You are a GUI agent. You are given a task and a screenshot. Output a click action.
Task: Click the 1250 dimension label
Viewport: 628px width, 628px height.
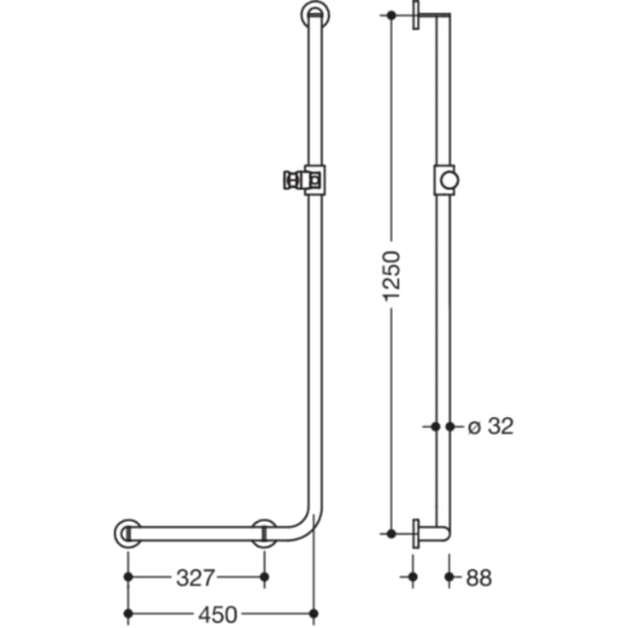[x=391, y=275]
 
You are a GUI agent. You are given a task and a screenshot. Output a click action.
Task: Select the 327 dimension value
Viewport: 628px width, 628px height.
[x=196, y=578]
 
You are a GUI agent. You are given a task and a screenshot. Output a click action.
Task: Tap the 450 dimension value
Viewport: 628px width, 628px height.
[x=218, y=613]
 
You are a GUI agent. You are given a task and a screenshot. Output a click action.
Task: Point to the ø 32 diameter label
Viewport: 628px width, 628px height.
[x=490, y=426]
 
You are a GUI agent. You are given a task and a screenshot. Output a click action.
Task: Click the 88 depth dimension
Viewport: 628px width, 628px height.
[x=479, y=578]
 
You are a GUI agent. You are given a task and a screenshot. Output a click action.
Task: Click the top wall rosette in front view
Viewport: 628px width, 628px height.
[x=314, y=15]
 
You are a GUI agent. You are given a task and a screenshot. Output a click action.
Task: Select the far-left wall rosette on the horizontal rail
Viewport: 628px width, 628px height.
[x=127, y=533]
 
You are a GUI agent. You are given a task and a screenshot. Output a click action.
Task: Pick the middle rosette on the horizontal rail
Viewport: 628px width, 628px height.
[x=264, y=533]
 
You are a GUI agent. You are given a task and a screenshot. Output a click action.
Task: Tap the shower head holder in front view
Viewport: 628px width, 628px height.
[x=302, y=180]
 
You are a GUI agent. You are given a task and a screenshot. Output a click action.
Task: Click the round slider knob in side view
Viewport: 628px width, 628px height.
[x=449, y=180]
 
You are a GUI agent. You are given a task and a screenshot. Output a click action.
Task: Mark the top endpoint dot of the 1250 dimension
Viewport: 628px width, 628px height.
[x=391, y=15]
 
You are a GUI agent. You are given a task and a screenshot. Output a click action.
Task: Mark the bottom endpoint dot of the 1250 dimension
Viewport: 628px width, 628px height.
[x=391, y=533]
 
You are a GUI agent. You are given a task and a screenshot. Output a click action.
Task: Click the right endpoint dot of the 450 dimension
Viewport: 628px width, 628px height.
[x=314, y=613]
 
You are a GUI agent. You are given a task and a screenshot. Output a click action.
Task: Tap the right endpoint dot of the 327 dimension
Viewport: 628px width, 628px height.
[x=264, y=578]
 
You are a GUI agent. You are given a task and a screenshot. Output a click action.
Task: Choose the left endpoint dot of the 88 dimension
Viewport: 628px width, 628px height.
[x=414, y=578]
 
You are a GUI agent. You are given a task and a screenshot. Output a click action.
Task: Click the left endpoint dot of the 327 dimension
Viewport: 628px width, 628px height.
[x=128, y=578]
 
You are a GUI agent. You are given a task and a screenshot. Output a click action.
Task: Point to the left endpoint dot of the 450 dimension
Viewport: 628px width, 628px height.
[x=128, y=613]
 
